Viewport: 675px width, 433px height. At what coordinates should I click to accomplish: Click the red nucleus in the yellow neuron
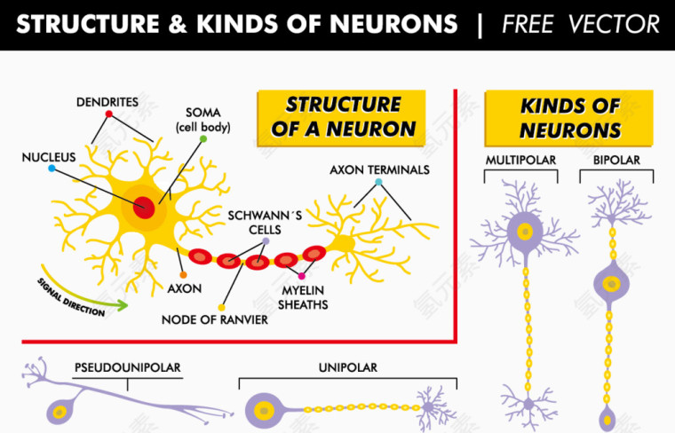[x=144, y=210]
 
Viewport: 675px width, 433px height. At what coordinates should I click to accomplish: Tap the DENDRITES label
[x=107, y=102]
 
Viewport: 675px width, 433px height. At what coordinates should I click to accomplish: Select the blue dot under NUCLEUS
[x=52, y=168]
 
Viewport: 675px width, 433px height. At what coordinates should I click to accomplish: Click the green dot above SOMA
[x=203, y=139]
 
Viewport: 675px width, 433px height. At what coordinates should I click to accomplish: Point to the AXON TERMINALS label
[x=379, y=169]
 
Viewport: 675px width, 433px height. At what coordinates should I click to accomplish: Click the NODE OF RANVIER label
[x=214, y=319]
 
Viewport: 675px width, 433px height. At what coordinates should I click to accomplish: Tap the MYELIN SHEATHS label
[x=303, y=297]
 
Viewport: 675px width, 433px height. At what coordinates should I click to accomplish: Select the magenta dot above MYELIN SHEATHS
[x=301, y=277]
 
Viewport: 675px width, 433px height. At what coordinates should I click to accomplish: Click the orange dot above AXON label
[x=183, y=275]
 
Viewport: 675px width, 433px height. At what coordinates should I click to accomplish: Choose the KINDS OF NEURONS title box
[x=569, y=118]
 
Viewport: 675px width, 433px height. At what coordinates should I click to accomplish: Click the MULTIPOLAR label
[x=520, y=160]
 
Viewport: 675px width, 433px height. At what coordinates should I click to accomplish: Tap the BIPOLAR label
[x=616, y=160]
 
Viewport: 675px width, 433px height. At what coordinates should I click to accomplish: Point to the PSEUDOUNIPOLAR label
[x=127, y=366]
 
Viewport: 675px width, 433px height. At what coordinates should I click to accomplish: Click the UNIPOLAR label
[x=348, y=366]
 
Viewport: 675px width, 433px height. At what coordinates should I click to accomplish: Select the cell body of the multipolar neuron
[x=524, y=232]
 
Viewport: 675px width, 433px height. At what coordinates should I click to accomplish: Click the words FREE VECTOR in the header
[x=581, y=24]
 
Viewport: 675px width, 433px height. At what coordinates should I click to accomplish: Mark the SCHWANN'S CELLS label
[x=254, y=222]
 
